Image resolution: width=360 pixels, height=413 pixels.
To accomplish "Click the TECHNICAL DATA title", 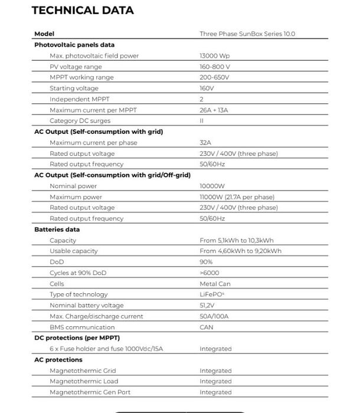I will [83, 11].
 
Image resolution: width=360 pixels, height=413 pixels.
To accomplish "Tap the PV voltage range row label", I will [76, 67].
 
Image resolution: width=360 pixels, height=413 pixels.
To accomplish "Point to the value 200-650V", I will [214, 77].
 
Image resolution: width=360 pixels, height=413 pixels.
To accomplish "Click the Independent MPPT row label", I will [80, 99].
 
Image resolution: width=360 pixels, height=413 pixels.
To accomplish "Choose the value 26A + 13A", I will [214, 110].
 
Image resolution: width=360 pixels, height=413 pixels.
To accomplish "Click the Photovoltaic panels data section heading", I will [74, 45].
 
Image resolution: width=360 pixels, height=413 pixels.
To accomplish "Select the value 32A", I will [205, 143].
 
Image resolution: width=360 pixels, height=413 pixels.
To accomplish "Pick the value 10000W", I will [213, 186].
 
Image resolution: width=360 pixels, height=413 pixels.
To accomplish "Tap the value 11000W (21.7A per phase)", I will [237, 197].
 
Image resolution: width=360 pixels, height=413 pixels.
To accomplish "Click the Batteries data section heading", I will [57, 230].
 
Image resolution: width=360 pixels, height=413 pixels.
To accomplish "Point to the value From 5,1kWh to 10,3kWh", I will [237, 240].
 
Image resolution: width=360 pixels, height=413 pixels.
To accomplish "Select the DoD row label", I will [57, 262].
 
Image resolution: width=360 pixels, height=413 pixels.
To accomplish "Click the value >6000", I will [210, 273].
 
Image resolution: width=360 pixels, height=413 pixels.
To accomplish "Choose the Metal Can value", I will [215, 284].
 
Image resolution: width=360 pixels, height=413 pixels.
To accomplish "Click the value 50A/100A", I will [214, 316].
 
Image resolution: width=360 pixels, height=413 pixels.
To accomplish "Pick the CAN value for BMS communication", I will [207, 327].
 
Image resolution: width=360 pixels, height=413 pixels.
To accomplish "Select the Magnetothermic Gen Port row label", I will [90, 392].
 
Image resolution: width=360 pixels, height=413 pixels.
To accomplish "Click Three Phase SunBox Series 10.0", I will [247, 34].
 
